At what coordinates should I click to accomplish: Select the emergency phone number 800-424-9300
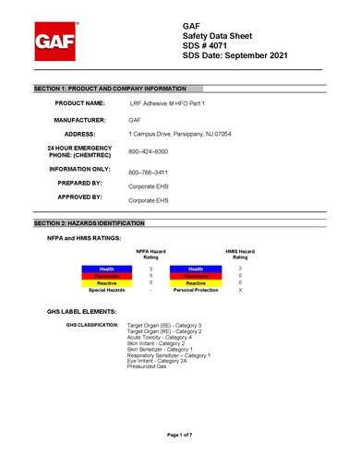148,150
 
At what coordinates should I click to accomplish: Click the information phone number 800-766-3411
148,173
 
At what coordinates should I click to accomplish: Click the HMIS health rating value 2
241,268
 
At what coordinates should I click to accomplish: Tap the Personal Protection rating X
241,290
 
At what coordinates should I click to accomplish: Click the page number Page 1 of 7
180,434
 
